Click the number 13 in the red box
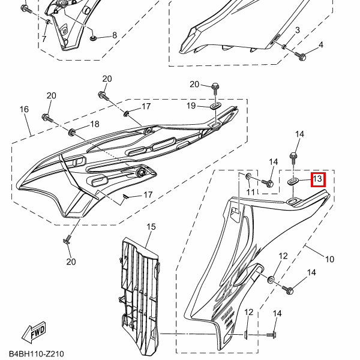point(317,179)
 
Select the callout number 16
point(25,109)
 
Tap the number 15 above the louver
point(151,226)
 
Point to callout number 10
point(329,259)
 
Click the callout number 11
point(251,191)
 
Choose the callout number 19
point(190,106)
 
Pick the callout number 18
point(94,124)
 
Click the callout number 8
point(115,35)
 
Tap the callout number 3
point(297,30)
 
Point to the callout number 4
point(320,45)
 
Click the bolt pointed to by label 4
point(302,57)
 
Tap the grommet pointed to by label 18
point(72,131)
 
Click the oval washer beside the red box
point(293,180)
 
